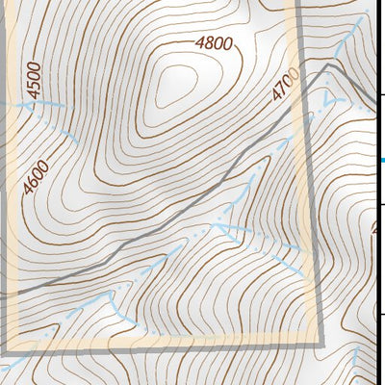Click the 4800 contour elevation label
tap(213, 43)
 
